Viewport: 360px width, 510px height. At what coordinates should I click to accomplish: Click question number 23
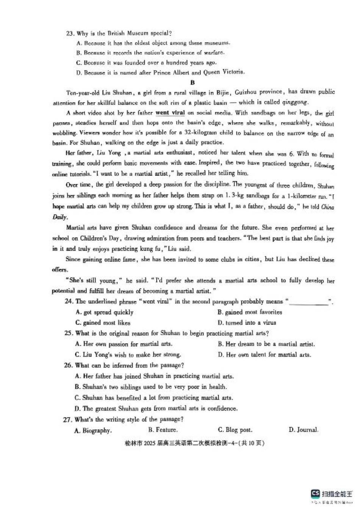coord(70,33)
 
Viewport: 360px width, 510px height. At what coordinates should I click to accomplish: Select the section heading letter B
coord(193,82)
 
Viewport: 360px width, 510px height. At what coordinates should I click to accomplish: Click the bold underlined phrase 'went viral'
coord(170,113)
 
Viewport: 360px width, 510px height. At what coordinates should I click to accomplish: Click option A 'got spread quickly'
coord(105,312)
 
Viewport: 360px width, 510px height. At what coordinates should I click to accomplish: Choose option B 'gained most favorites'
coord(250,312)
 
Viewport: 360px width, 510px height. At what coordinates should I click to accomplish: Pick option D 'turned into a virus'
coord(247,323)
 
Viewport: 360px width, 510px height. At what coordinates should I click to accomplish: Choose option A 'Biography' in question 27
coord(93,430)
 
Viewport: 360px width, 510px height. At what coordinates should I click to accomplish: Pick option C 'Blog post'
coord(235,430)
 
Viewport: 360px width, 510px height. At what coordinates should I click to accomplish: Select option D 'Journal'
coord(303,430)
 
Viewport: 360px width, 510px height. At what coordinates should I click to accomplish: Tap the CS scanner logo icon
coord(315,493)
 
